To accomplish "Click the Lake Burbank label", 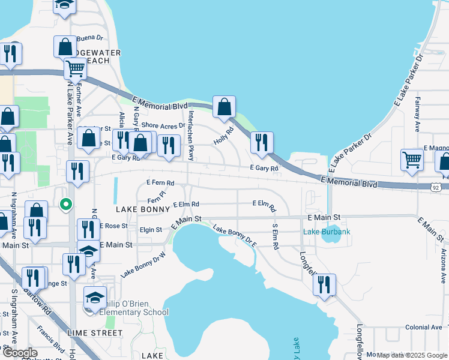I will (325, 232).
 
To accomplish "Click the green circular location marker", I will (67, 205).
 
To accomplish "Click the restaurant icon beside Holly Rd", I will (261, 142).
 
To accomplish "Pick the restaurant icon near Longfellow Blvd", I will (324, 284).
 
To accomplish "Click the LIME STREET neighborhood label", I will (95, 333).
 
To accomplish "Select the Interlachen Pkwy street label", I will (191, 136).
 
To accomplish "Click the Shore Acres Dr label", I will (163, 126).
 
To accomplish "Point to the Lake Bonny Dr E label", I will (235, 238).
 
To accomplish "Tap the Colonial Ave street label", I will (424, 328).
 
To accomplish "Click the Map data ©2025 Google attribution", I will (411, 355).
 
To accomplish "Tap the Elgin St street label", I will (150, 229).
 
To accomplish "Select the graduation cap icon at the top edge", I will (64, 5).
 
